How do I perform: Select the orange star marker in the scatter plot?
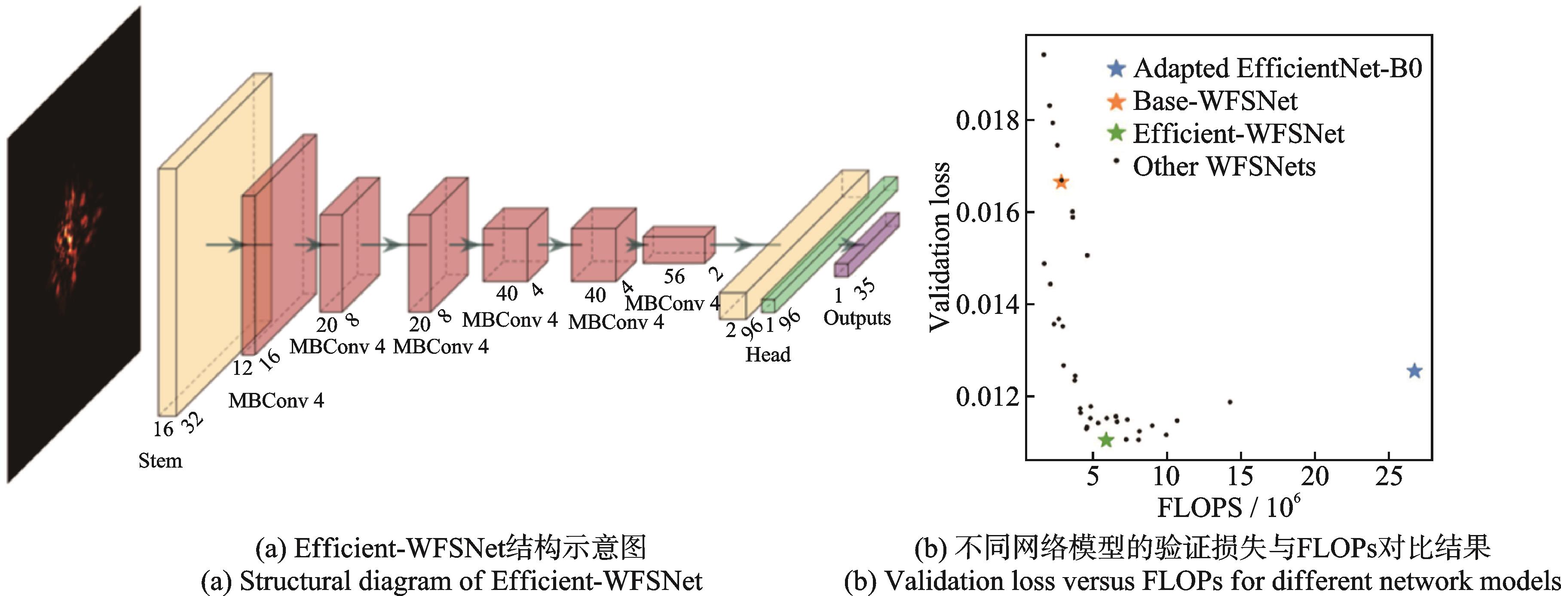[1060, 182]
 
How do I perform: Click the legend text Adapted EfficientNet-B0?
[1277, 68]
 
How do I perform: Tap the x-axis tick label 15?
[1240, 477]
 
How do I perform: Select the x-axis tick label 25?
[1388, 477]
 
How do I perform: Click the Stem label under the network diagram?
[160, 461]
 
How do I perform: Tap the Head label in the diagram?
[768, 354]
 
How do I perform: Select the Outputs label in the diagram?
[857, 318]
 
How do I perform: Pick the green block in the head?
[830, 242]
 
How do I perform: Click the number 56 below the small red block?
[674, 277]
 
